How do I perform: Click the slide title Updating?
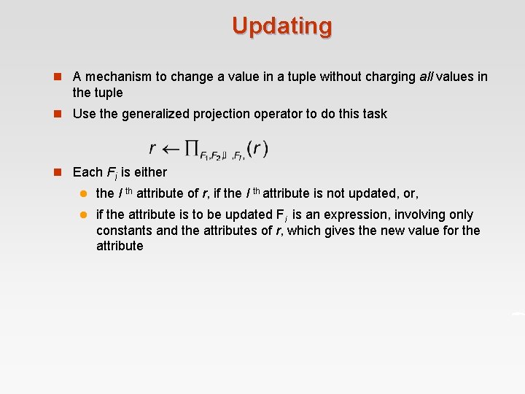point(282,26)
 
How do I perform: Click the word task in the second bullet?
point(374,114)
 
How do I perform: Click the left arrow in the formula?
point(171,148)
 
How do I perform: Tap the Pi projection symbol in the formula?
point(192,148)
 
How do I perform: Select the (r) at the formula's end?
point(257,148)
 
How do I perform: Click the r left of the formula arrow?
point(152,149)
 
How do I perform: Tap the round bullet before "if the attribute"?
point(84,215)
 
